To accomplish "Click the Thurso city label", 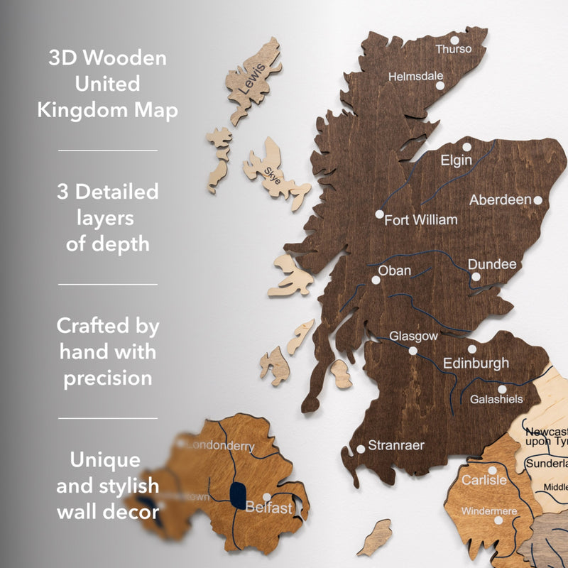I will [453, 49].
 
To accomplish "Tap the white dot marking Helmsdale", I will [439, 85].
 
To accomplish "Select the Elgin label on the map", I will [456, 160].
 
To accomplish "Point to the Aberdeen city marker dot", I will [537, 200].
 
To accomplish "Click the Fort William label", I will [420, 220].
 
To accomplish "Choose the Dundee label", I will [492, 264].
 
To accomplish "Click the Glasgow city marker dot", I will [413, 350].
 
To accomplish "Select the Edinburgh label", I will [476, 364].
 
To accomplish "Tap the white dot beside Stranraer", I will [361, 448].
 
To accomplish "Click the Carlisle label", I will [484, 481].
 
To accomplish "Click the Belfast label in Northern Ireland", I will [268, 508].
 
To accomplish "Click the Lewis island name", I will [253, 78].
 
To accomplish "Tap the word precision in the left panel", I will [108, 378].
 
